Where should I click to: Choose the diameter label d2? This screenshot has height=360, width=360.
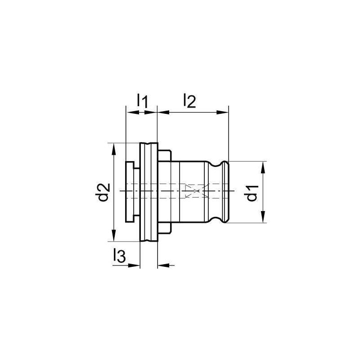pos(104,192)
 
